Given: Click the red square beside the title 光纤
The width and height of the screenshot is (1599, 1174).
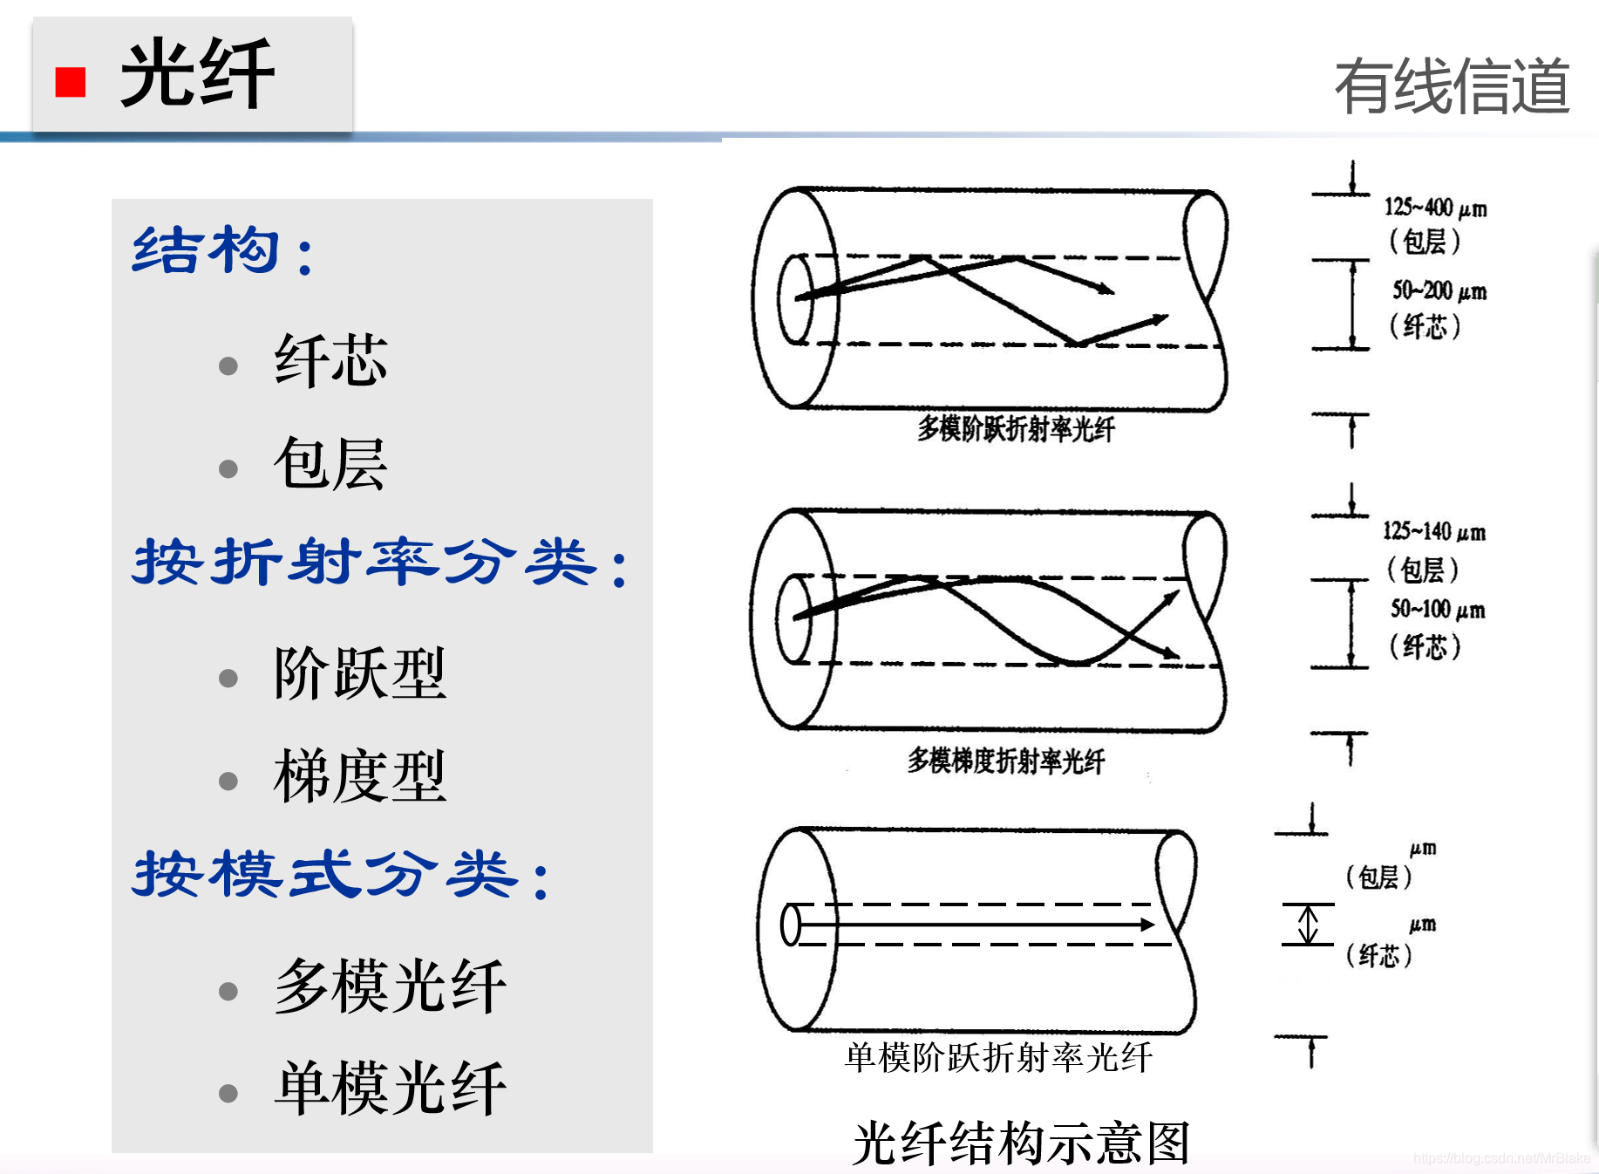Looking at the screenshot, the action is [x=71, y=82].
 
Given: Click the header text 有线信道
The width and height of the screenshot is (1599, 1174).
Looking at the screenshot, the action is [x=1452, y=86].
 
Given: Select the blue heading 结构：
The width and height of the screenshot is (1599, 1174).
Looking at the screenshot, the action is [x=223, y=251].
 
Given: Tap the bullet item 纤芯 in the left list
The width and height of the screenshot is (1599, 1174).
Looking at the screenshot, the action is [x=330, y=360].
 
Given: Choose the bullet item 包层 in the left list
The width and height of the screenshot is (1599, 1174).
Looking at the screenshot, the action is [x=330, y=463].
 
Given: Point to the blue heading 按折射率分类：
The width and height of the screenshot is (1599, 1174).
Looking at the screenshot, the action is [x=380, y=563].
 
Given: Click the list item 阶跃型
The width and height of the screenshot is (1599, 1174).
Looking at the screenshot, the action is [x=359, y=673].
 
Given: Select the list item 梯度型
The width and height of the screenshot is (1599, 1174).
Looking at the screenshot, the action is [x=359, y=775].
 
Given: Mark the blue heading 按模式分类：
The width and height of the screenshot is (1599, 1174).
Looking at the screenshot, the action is [x=342, y=874].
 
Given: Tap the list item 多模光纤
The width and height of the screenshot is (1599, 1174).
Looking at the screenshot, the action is [x=390, y=986].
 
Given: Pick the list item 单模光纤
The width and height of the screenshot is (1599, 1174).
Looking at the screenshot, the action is [x=390, y=1089].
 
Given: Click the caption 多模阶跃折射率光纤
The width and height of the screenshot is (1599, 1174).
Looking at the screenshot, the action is [x=1016, y=428].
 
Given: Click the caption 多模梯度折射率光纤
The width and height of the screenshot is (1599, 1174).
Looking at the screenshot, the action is [x=1006, y=761].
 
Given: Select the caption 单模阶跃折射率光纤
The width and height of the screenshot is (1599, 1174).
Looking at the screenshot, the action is [x=999, y=1058].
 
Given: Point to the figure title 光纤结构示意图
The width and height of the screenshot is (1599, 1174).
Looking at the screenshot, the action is [x=1021, y=1143].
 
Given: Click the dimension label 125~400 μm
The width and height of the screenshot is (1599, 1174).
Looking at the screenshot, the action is [x=1435, y=208].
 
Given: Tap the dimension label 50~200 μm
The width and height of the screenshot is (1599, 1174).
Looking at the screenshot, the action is [x=1439, y=290].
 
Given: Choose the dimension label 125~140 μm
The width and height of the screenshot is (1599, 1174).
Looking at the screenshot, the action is [x=1434, y=531].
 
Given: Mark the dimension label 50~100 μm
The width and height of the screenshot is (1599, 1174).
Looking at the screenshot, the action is [x=1438, y=609].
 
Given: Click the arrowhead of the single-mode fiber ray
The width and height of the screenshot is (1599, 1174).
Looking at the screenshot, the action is [x=1148, y=925].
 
